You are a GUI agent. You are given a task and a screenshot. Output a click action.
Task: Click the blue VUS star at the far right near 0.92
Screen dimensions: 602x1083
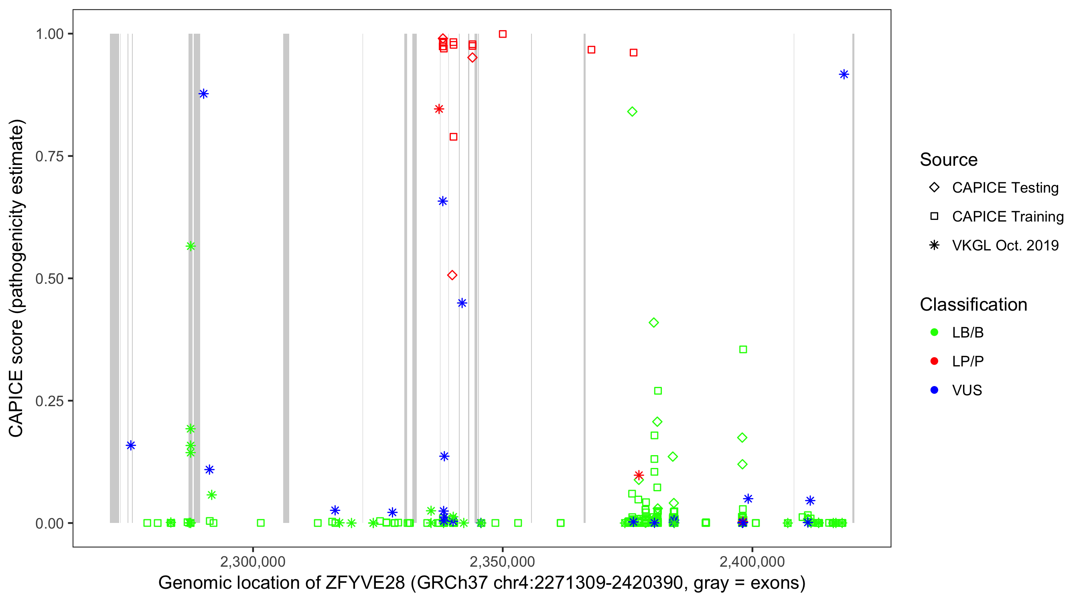pyautogui.click(x=844, y=75)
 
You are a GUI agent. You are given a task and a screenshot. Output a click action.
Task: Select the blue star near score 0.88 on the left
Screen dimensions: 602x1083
pyautogui.click(x=203, y=94)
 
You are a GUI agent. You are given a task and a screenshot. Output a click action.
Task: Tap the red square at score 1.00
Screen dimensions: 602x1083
pyautogui.click(x=503, y=34)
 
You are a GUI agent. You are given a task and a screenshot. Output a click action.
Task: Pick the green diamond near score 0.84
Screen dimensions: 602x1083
pyautogui.click(x=632, y=112)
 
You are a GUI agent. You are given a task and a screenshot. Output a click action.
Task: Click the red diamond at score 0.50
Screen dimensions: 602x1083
pyautogui.click(x=452, y=275)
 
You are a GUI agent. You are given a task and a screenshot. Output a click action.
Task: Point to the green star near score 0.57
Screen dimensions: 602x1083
pyautogui.click(x=191, y=246)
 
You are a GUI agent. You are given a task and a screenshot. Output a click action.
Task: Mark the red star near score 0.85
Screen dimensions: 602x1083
pyautogui.click(x=439, y=109)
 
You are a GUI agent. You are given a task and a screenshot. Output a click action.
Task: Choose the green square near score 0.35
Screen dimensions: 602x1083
pyautogui.click(x=743, y=349)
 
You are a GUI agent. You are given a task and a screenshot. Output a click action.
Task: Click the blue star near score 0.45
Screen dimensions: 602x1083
pyautogui.click(x=462, y=303)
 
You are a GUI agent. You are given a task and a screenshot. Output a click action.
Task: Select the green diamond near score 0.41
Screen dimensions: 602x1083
pyautogui.click(x=654, y=323)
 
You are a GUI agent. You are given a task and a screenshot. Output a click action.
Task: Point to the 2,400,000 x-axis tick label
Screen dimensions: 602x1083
pyautogui.click(x=752, y=561)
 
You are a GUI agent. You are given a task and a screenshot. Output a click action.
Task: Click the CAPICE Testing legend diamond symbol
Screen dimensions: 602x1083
pyautogui.click(x=934, y=188)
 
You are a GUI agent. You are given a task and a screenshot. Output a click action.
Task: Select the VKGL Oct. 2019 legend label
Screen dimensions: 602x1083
pyautogui.click(x=1005, y=245)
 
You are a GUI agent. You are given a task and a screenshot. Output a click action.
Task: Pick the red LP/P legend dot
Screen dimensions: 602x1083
pyautogui.click(x=934, y=361)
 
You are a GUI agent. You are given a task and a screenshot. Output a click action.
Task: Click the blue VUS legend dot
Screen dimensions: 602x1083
pyautogui.click(x=934, y=390)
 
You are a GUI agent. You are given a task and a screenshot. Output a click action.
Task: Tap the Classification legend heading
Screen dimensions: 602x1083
pyautogui.click(x=973, y=305)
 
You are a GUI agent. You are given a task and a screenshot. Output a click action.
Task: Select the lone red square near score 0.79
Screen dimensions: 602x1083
pyautogui.click(x=453, y=137)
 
